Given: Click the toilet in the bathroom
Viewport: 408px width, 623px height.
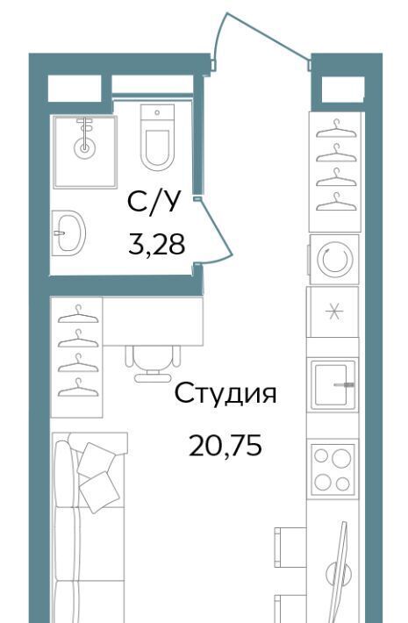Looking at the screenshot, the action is [157, 138].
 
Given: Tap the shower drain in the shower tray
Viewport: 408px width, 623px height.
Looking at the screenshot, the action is [84, 148].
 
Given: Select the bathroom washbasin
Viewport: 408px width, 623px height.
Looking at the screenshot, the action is [68, 233].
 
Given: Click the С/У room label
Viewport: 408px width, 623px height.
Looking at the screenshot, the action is [154, 204].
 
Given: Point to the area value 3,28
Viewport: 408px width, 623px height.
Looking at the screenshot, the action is [156, 245].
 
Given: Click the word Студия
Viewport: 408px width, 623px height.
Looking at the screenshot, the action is [225, 394].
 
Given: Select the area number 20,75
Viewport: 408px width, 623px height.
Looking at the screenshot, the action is [225, 446].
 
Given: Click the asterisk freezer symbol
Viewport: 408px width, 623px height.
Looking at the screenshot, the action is [333, 311].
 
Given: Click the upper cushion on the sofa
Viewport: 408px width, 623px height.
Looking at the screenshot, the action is [97, 460].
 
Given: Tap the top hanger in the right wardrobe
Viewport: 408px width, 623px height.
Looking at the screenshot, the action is [336, 129].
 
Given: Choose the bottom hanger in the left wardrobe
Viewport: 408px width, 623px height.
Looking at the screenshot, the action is [78, 387].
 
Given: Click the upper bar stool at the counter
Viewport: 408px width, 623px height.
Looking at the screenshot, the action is [290, 541].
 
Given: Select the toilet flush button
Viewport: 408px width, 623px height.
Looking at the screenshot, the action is [157, 112].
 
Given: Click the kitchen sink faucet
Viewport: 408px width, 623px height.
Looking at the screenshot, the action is [344, 384].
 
